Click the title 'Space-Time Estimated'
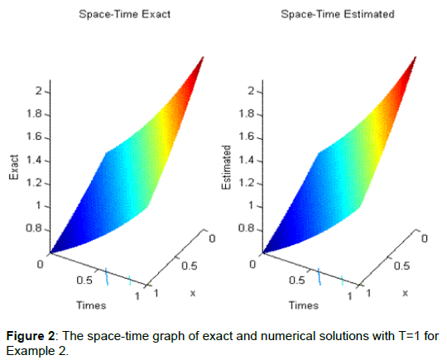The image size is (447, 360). coord(336,14)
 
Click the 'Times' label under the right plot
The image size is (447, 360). coord(303,305)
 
